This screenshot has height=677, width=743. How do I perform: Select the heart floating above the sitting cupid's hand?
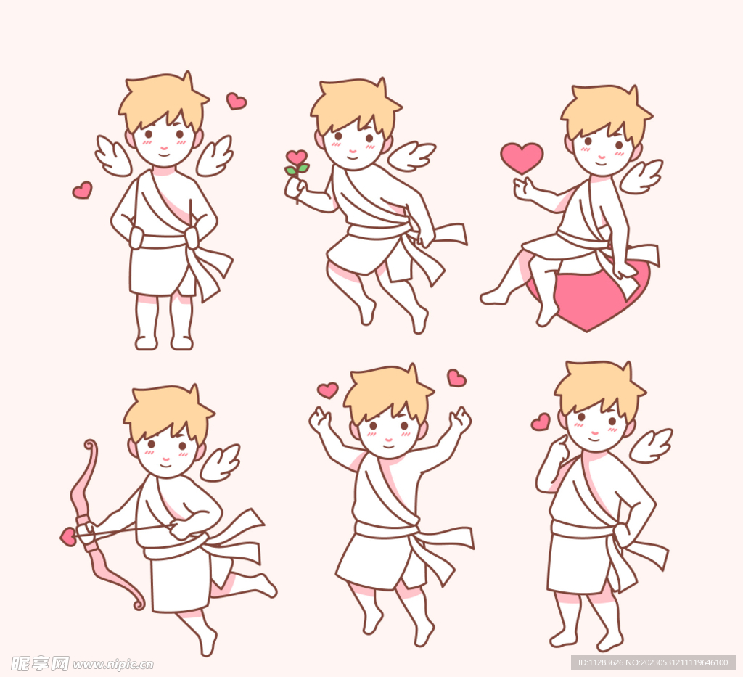pyautogui.click(x=522, y=157)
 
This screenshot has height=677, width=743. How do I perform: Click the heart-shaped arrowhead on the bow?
pyautogui.click(x=68, y=537)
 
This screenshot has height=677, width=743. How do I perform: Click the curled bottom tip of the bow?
pyautogui.click(x=139, y=604)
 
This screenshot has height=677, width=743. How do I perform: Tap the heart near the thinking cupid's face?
pyautogui.click(x=541, y=422)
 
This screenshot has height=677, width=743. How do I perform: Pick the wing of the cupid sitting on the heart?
pyautogui.click(x=641, y=176)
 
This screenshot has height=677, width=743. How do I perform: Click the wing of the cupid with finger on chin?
pyautogui.click(x=652, y=446)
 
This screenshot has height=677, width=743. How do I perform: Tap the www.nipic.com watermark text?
pyautogui.click(x=113, y=664)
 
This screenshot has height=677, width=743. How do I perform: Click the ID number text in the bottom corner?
pyautogui.click(x=653, y=662)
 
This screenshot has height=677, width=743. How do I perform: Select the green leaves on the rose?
pyautogui.click(x=297, y=168)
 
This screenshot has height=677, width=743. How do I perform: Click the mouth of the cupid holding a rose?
pyautogui.click(x=353, y=157)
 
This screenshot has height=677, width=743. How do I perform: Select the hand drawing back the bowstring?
pyautogui.click(x=181, y=529)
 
